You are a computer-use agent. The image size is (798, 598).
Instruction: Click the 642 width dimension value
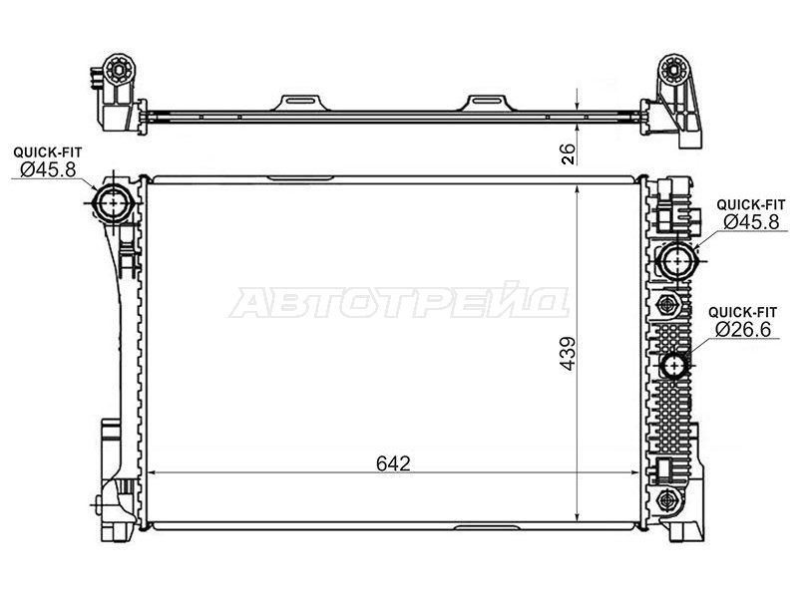pyautogui.click(x=393, y=463)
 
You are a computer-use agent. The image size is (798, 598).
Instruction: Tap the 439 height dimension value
pyautogui.click(x=568, y=354)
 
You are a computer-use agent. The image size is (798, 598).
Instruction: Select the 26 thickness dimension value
pyautogui.click(x=568, y=154)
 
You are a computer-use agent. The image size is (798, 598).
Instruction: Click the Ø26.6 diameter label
pyautogui.click(x=743, y=330)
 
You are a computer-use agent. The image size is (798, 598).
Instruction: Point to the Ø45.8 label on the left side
pyautogui.click(x=48, y=169)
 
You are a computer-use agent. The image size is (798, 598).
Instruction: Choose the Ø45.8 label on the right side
pyautogui.click(x=751, y=221)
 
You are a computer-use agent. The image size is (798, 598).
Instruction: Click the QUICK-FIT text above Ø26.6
pyautogui.click(x=743, y=311)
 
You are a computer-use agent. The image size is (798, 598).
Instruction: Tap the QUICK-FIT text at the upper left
pyautogui.click(x=47, y=151)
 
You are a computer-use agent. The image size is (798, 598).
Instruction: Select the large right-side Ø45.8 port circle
pyautogui.click(x=678, y=261)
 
